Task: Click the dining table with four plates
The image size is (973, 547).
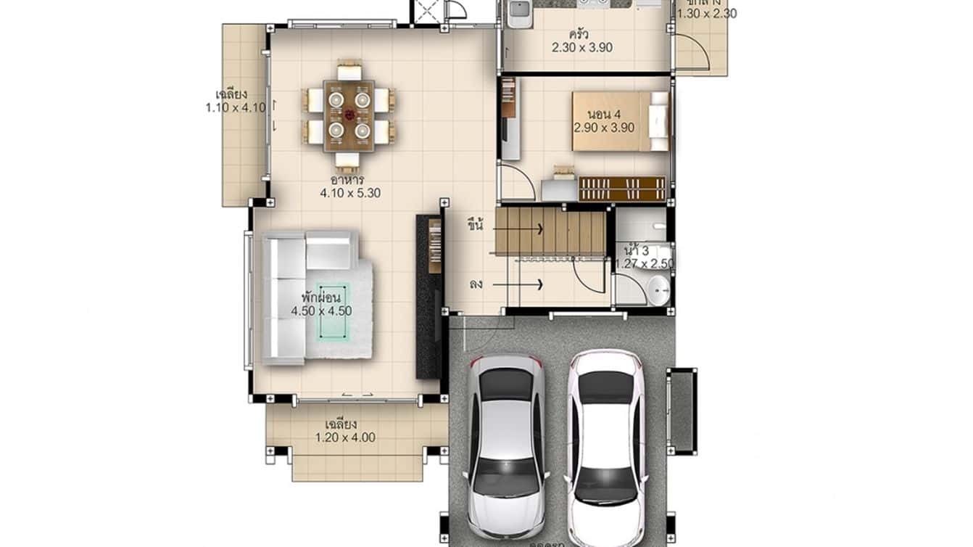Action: coord(349,115)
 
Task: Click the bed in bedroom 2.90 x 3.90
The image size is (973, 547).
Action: coord(621,120)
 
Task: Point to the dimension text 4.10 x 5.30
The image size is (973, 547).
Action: coord(350,193)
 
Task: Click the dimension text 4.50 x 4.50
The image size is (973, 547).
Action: coord(321,311)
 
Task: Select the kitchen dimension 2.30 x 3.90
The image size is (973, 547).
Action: coord(582,48)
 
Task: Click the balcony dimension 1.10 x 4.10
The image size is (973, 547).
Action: coord(236,107)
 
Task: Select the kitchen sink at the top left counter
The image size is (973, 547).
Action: coord(518,13)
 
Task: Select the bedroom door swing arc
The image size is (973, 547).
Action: coord(521,181)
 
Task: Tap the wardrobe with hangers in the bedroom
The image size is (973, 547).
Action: coord(622,189)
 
